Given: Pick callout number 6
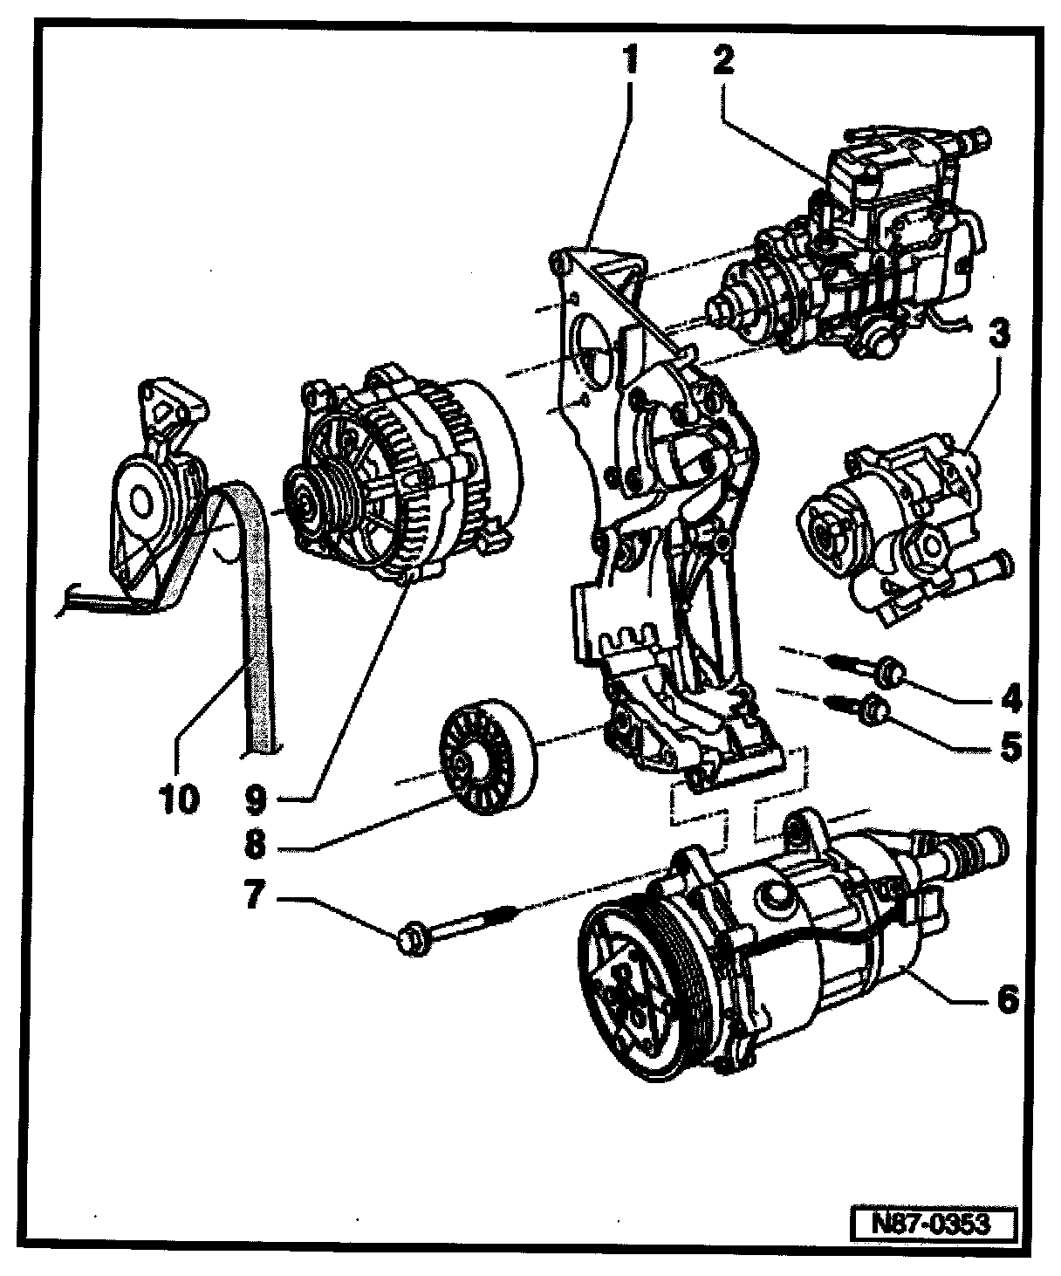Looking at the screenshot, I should click(x=1008, y=1000).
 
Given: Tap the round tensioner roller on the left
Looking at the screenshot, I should click(x=141, y=500).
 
